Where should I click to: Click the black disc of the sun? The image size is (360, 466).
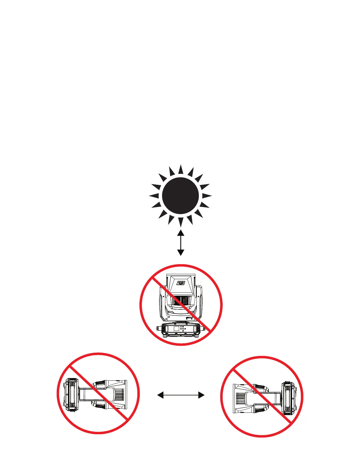point(180,196)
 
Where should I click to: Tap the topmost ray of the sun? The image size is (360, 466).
point(181,170)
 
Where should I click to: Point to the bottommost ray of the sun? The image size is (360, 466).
point(181,222)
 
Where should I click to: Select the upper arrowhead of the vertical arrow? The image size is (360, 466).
point(181,233)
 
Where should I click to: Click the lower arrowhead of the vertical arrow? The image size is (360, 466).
point(181,252)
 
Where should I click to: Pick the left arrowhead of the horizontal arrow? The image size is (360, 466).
point(160,395)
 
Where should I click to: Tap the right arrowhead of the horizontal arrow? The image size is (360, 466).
point(201,395)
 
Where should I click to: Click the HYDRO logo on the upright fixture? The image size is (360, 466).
point(181,283)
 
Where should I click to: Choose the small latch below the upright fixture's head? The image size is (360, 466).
point(189,318)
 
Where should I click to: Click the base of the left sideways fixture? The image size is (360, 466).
point(72,395)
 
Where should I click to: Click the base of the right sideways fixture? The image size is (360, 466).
point(288,397)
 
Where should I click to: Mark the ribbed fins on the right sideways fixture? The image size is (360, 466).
point(240,397)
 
